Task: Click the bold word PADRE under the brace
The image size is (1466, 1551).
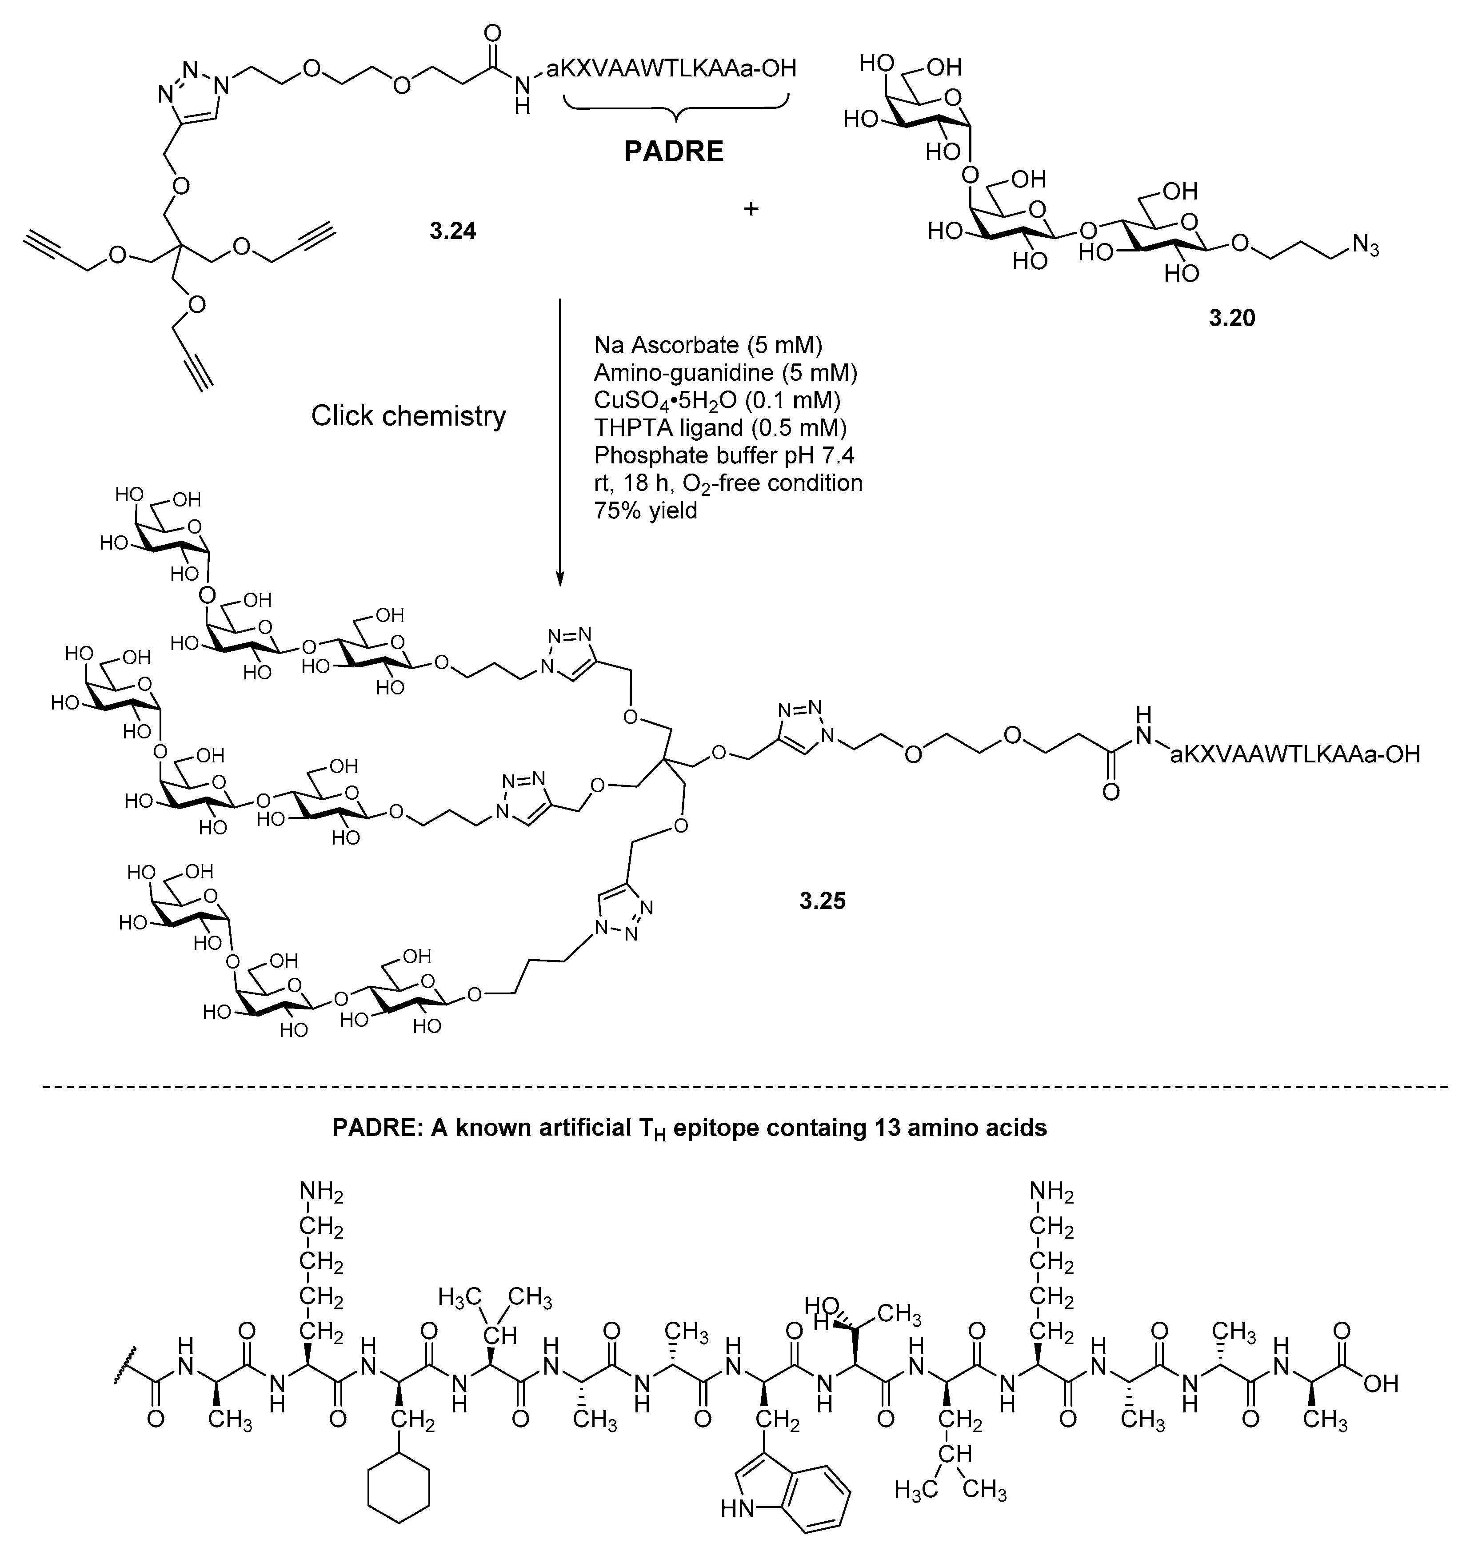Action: tap(674, 152)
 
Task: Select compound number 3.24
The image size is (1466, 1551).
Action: tap(452, 231)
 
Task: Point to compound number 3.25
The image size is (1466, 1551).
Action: tap(822, 901)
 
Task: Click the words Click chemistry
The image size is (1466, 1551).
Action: tap(408, 416)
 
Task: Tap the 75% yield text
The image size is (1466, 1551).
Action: tap(646, 511)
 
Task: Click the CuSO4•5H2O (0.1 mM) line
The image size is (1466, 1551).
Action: tap(717, 400)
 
